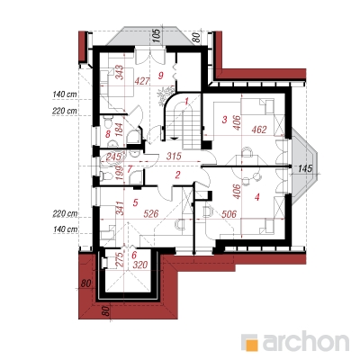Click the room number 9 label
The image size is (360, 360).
(161, 76)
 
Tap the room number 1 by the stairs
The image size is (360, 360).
(186, 101)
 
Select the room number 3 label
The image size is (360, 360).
(225, 120)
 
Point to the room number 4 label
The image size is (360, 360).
(256, 197)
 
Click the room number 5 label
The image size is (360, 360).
(135, 202)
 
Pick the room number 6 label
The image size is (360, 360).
(134, 256)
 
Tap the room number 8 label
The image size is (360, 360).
(107, 134)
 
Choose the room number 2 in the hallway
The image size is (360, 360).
(177, 175)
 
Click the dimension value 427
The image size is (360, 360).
(141, 81)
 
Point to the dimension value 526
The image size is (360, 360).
(151, 213)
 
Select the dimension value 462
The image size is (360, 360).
(259, 130)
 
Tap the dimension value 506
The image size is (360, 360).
(229, 214)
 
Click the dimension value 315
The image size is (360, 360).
(175, 156)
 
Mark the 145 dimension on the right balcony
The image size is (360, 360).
(305, 168)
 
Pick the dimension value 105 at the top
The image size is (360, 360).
(158, 36)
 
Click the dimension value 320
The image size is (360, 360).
(140, 265)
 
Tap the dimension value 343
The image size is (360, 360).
(120, 73)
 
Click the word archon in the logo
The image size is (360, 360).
(306, 340)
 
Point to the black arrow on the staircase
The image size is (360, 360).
(175, 138)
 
